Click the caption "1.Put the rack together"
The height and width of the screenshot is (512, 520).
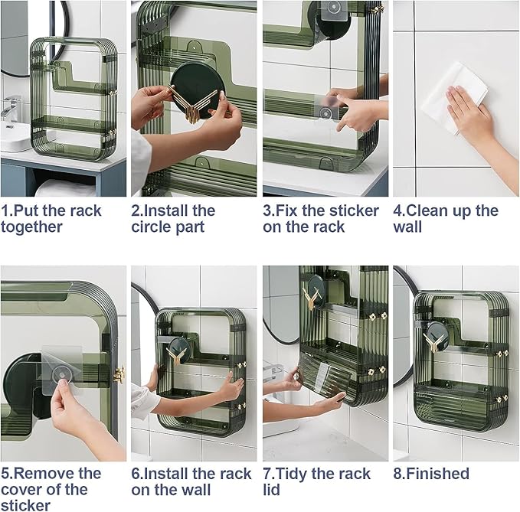coord(51,219)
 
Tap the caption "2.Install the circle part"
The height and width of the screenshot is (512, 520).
coord(173,219)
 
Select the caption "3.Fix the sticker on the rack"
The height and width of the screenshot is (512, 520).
coord(321,219)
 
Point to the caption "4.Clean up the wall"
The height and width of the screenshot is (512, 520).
coord(446,219)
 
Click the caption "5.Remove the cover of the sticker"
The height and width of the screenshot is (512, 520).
coord(51,489)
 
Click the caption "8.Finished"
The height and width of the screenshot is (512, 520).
coord(431,474)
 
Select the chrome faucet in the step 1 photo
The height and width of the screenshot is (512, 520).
coord(12,108)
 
